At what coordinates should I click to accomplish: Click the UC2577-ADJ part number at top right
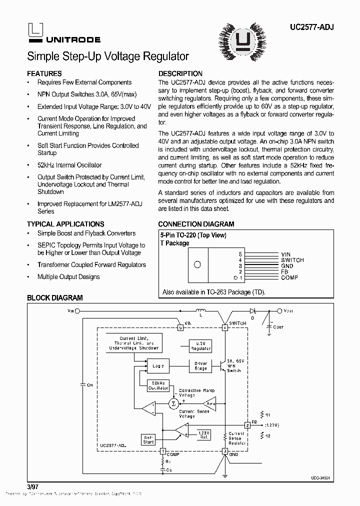coord(310,29)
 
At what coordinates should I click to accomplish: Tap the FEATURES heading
coord(44,73)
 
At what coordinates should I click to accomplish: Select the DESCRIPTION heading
coord(180,73)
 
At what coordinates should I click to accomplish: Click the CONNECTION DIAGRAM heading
coord(196,224)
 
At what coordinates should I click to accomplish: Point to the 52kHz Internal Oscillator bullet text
coord(69,165)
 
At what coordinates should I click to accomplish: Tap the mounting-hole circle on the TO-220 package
coord(197,265)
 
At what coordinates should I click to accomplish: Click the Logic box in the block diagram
coord(158,365)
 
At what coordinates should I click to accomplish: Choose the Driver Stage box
coord(200,366)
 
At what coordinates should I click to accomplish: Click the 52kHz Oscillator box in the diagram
coord(158,385)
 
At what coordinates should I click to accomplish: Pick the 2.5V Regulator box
coord(200,345)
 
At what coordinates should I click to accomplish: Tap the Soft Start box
coord(148,439)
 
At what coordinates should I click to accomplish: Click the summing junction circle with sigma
coord(173,403)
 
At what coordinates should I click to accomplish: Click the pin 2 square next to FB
coord(247,425)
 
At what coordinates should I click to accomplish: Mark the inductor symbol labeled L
coord(201,310)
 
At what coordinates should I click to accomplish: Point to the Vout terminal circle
coord(279,310)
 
